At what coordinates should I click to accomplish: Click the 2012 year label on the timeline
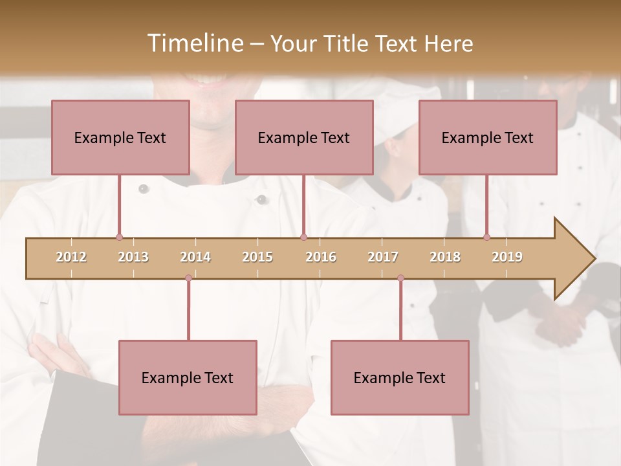71,257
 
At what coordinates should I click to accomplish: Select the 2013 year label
133,257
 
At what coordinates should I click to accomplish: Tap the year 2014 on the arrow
195,257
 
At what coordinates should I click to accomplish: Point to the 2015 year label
257,257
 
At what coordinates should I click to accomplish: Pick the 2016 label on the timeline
321,257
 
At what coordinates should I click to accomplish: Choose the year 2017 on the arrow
383,257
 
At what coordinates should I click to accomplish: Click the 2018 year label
445,257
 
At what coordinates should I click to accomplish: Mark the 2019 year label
507,257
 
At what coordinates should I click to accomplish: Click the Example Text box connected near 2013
120,137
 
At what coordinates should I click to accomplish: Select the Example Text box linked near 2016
304,137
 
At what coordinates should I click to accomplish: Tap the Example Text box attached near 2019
488,137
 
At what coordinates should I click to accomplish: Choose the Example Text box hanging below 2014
188,377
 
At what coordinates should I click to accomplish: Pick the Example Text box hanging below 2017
400,377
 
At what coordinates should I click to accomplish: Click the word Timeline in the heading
193,43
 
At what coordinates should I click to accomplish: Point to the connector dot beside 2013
119,238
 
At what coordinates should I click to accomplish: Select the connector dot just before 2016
303,238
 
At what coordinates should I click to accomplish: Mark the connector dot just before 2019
486,238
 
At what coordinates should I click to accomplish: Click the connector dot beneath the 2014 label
188,278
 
